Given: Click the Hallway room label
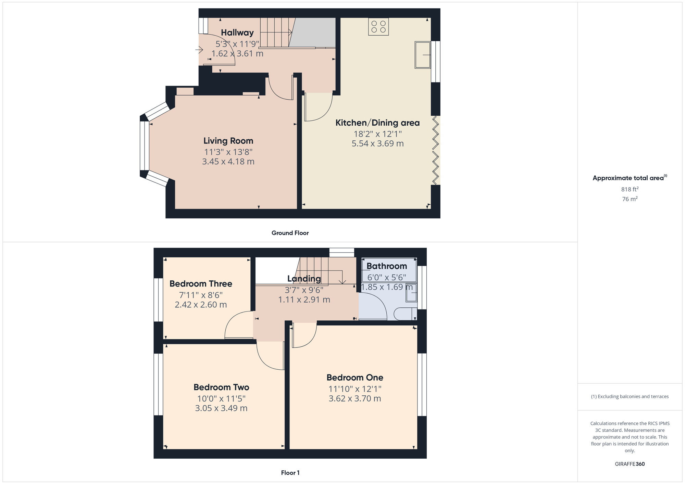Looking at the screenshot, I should pyautogui.click(x=237, y=33).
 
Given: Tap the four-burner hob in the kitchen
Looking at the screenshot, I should pyautogui.click(x=378, y=27).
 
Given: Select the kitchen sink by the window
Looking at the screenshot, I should pyautogui.click(x=423, y=55).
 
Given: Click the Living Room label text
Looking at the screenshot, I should pyautogui.click(x=228, y=141).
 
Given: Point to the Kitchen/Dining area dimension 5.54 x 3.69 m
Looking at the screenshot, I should pyautogui.click(x=377, y=144).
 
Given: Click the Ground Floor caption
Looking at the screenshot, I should pyautogui.click(x=290, y=233).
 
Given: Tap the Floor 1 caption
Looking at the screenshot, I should pyautogui.click(x=290, y=473).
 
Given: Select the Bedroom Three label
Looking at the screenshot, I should pyautogui.click(x=201, y=284).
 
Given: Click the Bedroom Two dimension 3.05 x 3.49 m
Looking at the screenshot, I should pyautogui.click(x=221, y=408).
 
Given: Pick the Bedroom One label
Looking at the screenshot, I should pyautogui.click(x=355, y=378).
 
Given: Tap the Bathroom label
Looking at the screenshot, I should pyautogui.click(x=387, y=266).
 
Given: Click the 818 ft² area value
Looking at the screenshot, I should pyautogui.click(x=630, y=189).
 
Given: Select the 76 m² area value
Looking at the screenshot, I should pyautogui.click(x=630, y=199).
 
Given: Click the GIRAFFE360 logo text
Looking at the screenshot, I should pyautogui.click(x=630, y=464).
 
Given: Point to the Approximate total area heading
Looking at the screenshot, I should pyautogui.click(x=630, y=178).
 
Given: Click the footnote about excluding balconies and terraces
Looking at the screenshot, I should pyautogui.click(x=630, y=396).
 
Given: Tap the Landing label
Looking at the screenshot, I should pyautogui.click(x=304, y=279).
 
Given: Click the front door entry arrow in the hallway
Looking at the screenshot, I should pyautogui.click(x=199, y=50).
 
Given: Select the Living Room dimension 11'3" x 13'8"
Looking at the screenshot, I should pyautogui.click(x=228, y=152).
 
